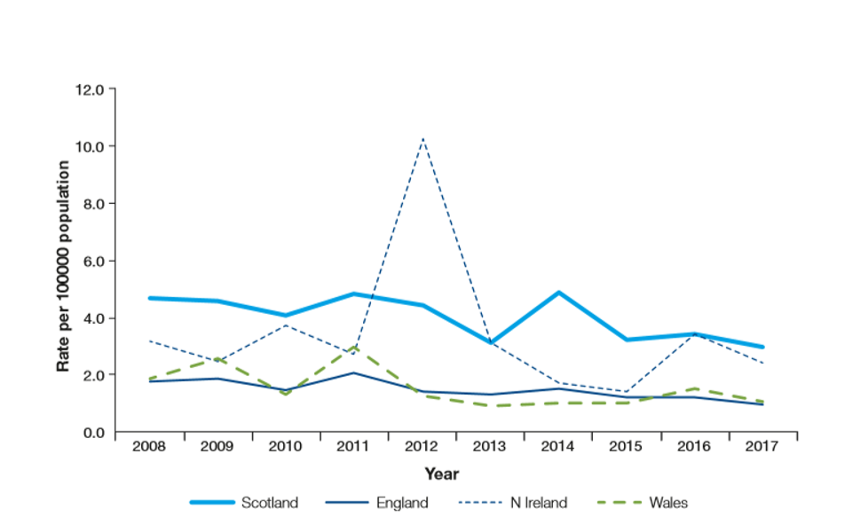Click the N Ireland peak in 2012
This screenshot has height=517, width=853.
(423, 138)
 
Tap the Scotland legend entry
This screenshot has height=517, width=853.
(270, 503)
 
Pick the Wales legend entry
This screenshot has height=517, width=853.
(667, 503)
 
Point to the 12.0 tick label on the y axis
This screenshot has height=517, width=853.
(89, 90)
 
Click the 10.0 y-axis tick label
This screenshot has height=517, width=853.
(89, 146)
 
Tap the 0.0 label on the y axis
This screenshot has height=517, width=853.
(92, 432)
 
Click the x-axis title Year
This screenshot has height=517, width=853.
(441, 474)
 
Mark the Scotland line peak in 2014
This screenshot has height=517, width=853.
(559, 293)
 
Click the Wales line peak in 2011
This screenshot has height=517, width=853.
(354, 347)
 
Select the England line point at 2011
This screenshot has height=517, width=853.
(354, 373)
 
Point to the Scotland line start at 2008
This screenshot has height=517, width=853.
(149, 298)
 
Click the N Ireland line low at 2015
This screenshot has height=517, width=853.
(627, 391)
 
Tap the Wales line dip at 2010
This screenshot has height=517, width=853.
(286, 394)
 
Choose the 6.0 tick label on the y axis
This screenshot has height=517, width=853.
(92, 261)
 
